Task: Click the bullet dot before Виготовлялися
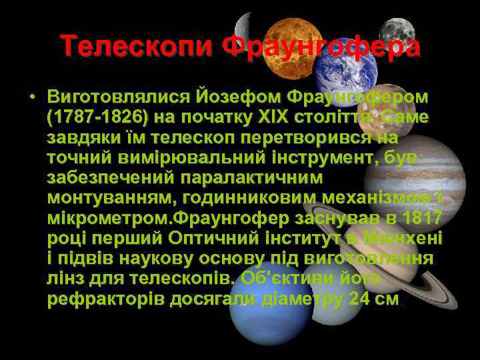coord(31,97)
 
